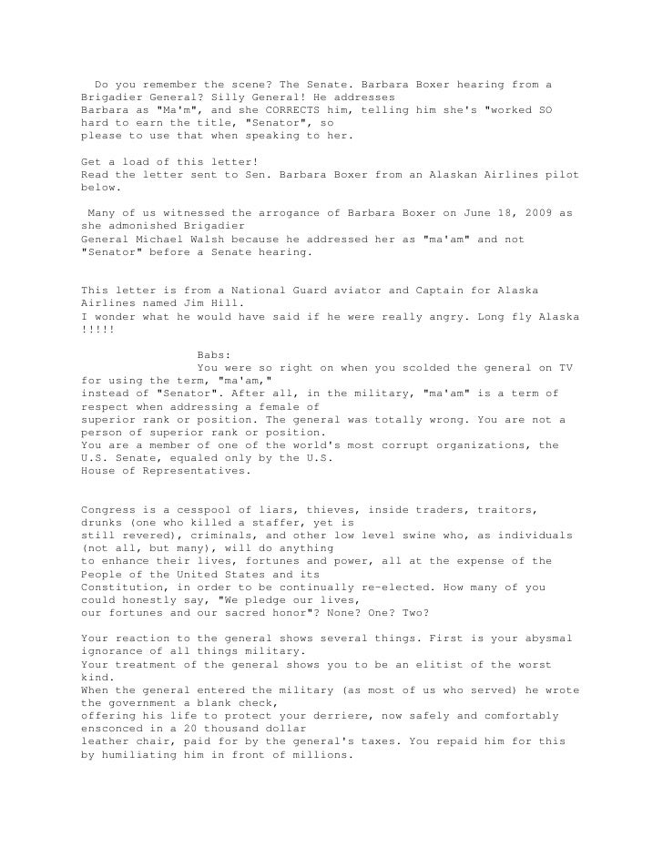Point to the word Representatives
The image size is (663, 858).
pyautogui.click(x=198, y=471)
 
